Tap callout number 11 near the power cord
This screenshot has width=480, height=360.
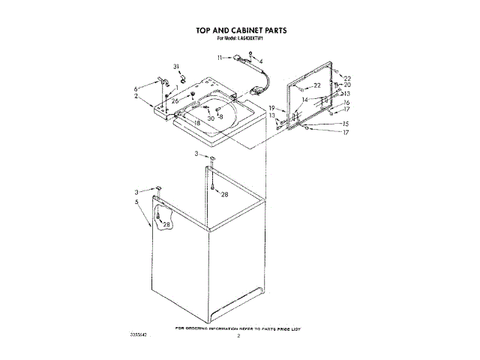pyautogui.click(x=220, y=58)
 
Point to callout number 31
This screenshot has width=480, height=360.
pyautogui.click(x=178, y=67)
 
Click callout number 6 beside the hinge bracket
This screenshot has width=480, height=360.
pyautogui.click(x=136, y=88)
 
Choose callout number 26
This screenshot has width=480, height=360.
pyautogui.click(x=174, y=101)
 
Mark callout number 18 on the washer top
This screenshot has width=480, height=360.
pyautogui.click(x=197, y=123)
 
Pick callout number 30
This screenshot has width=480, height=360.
pyautogui.click(x=211, y=118)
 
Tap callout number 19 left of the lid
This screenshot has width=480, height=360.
pyautogui.click(x=272, y=108)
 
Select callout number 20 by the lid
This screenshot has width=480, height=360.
pyautogui.click(x=347, y=85)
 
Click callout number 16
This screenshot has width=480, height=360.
pyautogui.click(x=346, y=102)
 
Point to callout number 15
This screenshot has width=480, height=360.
pyautogui.click(x=345, y=124)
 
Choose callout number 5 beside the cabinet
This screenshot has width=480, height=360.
pyautogui.click(x=137, y=202)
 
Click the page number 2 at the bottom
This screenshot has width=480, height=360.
pyautogui.click(x=238, y=337)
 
